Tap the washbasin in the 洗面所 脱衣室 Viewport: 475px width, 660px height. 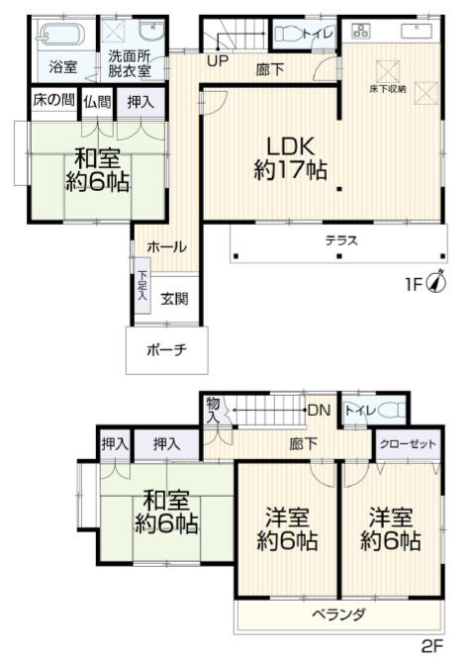point(151,32)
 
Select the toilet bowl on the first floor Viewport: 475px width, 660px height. point(288,34)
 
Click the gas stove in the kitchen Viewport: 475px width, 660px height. point(360,31)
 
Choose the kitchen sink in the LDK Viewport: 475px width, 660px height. point(416,31)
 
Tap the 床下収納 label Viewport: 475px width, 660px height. point(387,89)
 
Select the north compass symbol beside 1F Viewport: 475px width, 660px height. point(436,282)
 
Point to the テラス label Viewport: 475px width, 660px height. point(341,240)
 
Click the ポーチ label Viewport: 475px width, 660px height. point(167,349)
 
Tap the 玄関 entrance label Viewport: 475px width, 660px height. point(174,299)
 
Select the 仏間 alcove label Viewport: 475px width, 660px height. point(97,102)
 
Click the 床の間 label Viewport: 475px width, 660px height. point(53,100)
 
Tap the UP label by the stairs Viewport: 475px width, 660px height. point(218,61)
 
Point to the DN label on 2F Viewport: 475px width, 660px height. point(320,410)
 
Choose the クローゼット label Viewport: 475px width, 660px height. point(408,444)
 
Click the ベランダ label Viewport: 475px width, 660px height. point(339,614)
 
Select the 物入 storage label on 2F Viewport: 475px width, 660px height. point(213,411)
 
